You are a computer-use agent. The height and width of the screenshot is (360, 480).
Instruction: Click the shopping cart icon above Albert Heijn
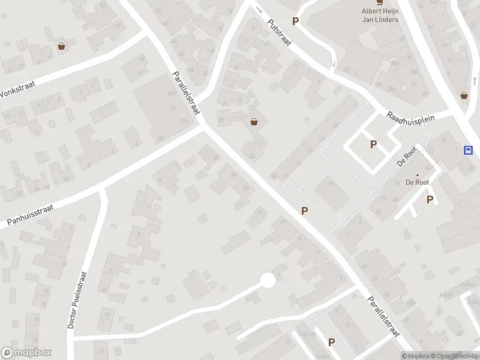click(379, 2)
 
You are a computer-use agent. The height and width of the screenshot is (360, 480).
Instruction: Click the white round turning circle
click(268, 280)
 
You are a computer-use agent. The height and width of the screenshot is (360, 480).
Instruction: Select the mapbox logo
click(26, 353)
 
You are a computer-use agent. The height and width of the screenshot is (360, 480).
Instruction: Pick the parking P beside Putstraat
click(295, 22)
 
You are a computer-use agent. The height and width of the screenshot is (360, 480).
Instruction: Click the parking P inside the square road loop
click(373, 144)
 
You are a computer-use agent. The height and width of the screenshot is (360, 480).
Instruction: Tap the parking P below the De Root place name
click(430, 200)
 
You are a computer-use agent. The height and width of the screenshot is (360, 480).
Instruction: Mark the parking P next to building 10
click(305, 211)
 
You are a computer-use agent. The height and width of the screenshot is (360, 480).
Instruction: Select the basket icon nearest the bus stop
click(464, 95)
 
